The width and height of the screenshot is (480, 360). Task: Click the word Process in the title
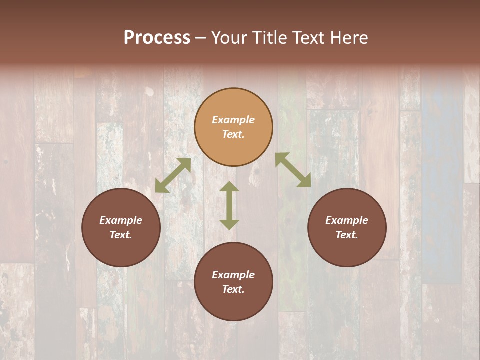click(x=157, y=38)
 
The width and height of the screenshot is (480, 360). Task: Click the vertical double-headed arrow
click(x=229, y=205)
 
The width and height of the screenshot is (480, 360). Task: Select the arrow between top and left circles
click(x=173, y=175)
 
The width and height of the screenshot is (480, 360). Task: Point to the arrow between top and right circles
click(x=293, y=170)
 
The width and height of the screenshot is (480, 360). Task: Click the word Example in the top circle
click(x=233, y=120)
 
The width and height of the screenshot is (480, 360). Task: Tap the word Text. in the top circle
click(x=233, y=134)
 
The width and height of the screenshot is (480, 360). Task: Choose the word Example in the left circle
click(x=121, y=220)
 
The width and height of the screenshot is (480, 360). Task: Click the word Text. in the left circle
click(x=121, y=235)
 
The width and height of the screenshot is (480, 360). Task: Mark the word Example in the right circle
click(x=347, y=220)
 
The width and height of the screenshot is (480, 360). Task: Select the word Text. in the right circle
click(x=347, y=235)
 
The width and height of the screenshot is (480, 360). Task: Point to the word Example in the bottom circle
click(x=233, y=275)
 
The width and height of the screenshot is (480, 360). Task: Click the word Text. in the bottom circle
click(x=233, y=289)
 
